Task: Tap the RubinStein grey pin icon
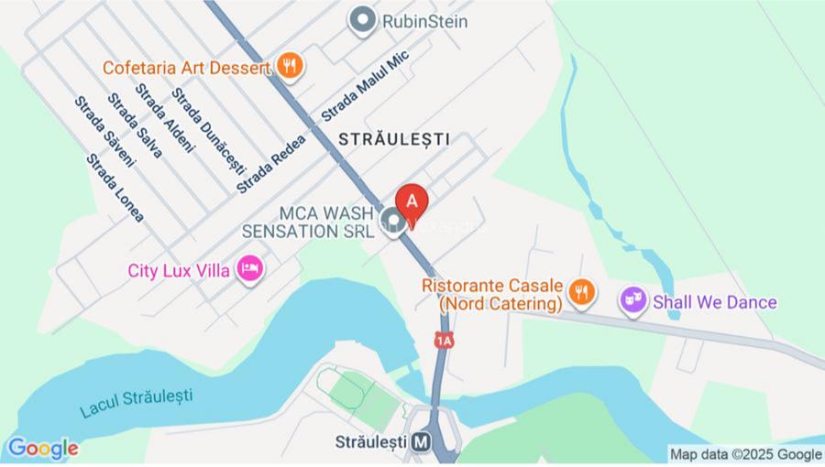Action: point(364,20)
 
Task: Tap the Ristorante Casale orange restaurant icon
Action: point(580,293)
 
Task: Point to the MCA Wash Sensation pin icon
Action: point(394,221)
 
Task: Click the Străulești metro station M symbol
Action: point(421,441)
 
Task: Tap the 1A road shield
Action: point(445,341)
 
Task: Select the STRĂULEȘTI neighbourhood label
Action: point(394,139)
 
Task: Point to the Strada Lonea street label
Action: point(115,188)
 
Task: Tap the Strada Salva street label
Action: point(135,125)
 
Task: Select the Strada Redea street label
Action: point(269,162)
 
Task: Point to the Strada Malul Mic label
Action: point(364,86)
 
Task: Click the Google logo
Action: point(41,449)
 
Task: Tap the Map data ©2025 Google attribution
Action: point(745,454)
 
